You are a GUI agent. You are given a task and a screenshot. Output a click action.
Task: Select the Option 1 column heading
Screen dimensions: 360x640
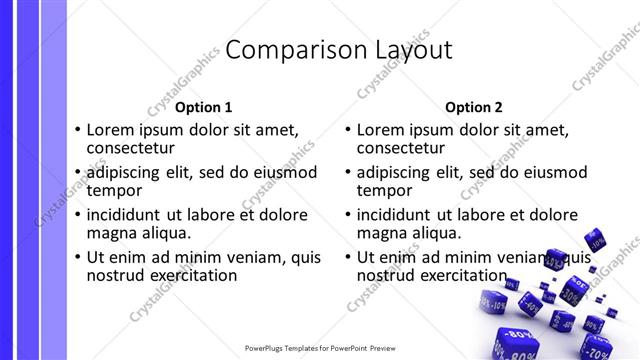click(x=203, y=107)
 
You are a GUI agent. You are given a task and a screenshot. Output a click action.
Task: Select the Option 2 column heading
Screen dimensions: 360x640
click(x=474, y=107)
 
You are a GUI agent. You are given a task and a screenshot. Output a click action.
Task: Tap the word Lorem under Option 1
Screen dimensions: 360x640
click(x=111, y=129)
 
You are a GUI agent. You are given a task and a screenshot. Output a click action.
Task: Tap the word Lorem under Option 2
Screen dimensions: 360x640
click(x=381, y=129)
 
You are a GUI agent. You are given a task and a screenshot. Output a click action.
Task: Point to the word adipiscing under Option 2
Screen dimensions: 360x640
click(x=401, y=172)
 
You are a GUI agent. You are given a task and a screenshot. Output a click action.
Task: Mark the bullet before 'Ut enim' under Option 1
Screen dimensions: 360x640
click(x=78, y=258)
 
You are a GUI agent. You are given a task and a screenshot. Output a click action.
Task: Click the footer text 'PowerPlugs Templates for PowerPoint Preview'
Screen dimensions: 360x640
click(x=319, y=349)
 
